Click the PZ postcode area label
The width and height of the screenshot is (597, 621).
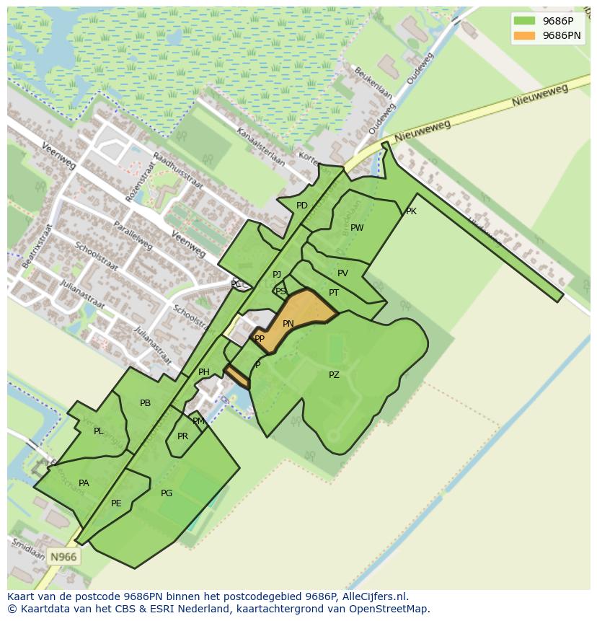point(334,375)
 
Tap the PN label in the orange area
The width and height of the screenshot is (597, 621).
point(288,324)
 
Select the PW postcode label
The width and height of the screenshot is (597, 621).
point(357,228)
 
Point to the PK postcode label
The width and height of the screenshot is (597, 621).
point(411,211)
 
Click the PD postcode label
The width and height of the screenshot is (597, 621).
point(302,206)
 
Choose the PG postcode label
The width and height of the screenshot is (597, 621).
point(167,493)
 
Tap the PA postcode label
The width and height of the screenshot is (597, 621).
point(84,483)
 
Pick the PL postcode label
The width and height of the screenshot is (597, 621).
point(98,431)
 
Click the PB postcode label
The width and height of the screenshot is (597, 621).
point(145,403)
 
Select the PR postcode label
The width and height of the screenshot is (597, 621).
point(182,436)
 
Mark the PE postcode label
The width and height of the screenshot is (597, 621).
point(116,503)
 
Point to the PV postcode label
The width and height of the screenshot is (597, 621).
point(342,273)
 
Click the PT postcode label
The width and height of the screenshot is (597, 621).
point(334,293)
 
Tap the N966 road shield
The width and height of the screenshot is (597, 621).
point(63,557)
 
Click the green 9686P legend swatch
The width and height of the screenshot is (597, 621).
point(524,21)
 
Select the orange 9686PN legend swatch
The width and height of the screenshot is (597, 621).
point(524,35)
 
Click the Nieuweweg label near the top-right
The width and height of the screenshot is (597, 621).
point(540,96)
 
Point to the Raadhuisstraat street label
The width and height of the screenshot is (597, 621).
point(178,174)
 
